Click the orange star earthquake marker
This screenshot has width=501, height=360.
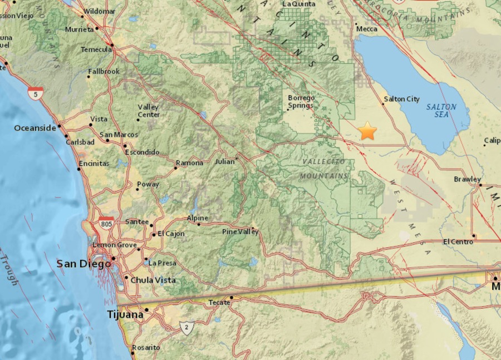pyautogui.click(x=367, y=131)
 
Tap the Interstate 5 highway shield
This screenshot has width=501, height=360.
pyautogui.click(x=36, y=93)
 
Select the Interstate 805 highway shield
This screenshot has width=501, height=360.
pyautogui.click(x=106, y=223)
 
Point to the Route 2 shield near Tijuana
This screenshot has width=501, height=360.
pyautogui.click(x=186, y=328)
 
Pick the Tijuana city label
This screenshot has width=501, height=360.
pyautogui.click(x=125, y=315)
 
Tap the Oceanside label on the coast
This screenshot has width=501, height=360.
pyautogui.click(x=35, y=128)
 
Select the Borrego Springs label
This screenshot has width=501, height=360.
pyautogui.click(x=301, y=101)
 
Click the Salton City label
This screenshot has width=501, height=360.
pyautogui.click(x=401, y=99)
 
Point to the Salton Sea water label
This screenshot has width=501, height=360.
pyautogui.click(x=441, y=110)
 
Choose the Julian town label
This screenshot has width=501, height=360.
pyautogui.click(x=225, y=162)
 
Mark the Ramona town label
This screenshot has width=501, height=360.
pyautogui.click(x=189, y=163)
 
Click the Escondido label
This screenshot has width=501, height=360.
pyautogui.click(x=142, y=152)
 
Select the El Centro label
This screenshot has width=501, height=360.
pyautogui.click(x=457, y=241)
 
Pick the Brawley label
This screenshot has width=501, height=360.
pyautogui.click(x=467, y=179)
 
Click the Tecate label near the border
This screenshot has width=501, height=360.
pyautogui.click(x=219, y=302)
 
